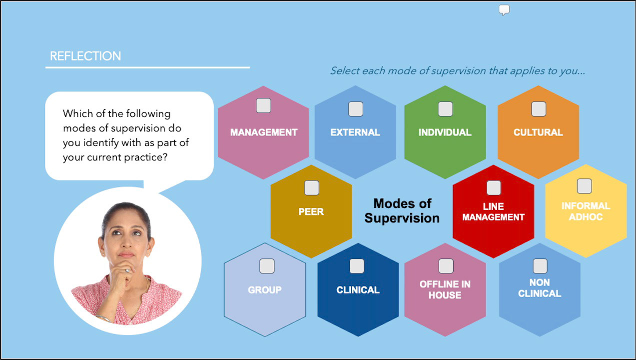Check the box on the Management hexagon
click(x=263, y=105)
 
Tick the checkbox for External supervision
click(x=355, y=108)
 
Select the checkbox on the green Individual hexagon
click(x=445, y=108)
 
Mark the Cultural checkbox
click(x=538, y=108)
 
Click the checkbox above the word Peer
click(x=311, y=187)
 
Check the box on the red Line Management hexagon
click(x=493, y=187)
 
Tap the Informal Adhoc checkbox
click(x=584, y=186)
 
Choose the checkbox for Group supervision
click(x=267, y=266)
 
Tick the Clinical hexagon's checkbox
click(x=357, y=266)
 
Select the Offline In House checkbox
click(x=446, y=266)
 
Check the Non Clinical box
click(x=540, y=266)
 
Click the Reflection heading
click(x=85, y=56)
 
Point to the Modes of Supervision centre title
click(x=402, y=210)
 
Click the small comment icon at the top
click(x=504, y=10)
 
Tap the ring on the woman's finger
click(x=127, y=270)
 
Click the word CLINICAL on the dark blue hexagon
click(x=358, y=290)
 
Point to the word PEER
click(x=311, y=211)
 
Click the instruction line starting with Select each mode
click(x=457, y=71)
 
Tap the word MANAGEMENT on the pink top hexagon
click(x=263, y=132)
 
